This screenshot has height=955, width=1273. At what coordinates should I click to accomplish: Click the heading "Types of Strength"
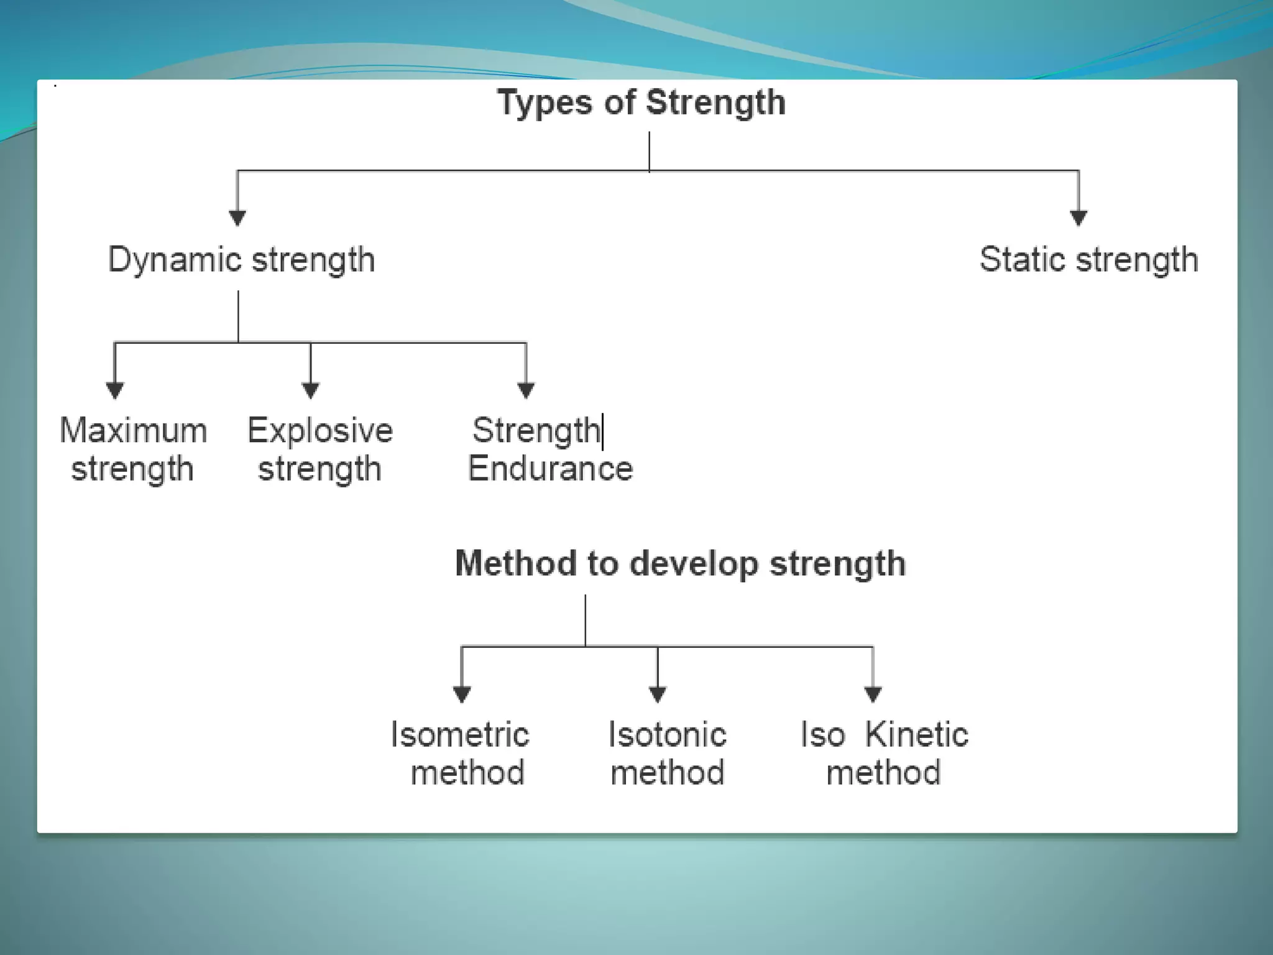pyautogui.click(x=641, y=103)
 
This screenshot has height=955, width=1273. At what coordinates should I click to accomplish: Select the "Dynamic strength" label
pyautogui.click(x=242, y=260)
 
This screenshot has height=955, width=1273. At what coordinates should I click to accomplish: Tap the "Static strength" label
pyautogui.click(x=1088, y=260)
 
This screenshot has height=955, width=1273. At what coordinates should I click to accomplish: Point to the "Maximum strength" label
pyautogui.click(x=133, y=450)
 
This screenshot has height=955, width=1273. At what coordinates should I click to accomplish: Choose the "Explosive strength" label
pyautogui.click(x=320, y=450)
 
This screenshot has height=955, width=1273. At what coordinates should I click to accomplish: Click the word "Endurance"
pyautogui.click(x=550, y=469)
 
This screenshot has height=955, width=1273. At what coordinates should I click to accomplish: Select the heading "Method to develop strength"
pyautogui.click(x=680, y=564)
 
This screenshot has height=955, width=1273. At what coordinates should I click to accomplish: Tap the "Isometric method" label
pyautogui.click(x=461, y=754)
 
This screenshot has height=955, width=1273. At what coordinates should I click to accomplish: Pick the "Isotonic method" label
pyautogui.click(x=668, y=754)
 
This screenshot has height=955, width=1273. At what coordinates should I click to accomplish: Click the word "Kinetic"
pyautogui.click(x=916, y=735)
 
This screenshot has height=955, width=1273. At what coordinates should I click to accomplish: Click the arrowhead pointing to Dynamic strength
pyautogui.click(x=237, y=218)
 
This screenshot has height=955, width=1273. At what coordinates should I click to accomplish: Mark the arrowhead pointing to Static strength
pyautogui.click(x=1078, y=218)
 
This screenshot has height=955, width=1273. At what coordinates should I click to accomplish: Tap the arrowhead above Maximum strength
pyautogui.click(x=114, y=390)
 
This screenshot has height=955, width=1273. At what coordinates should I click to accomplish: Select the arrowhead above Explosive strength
pyautogui.click(x=311, y=390)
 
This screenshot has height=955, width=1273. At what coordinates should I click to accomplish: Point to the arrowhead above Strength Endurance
pyautogui.click(x=526, y=390)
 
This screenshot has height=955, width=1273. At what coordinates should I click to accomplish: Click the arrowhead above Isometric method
pyautogui.click(x=461, y=694)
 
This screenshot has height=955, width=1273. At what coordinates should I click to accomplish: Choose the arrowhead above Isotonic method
pyautogui.click(x=658, y=694)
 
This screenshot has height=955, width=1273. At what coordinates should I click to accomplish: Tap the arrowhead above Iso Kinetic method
pyautogui.click(x=873, y=694)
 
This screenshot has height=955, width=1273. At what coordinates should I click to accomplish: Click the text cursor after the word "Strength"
pyautogui.click(x=602, y=431)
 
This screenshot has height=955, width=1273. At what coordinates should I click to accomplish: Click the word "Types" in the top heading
pyautogui.click(x=545, y=103)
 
